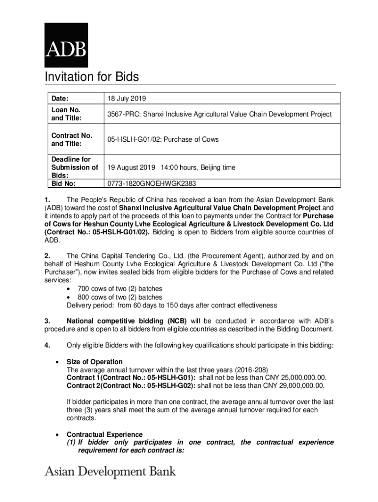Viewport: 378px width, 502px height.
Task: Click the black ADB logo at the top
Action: (x=66, y=45)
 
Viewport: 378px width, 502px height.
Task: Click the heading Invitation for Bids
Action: (x=92, y=77)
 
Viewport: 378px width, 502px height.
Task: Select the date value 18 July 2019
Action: (x=127, y=98)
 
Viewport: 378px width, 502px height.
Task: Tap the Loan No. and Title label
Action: (x=66, y=114)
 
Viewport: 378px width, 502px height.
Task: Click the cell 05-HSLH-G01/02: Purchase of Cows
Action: (x=163, y=140)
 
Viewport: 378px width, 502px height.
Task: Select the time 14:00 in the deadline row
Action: (x=167, y=168)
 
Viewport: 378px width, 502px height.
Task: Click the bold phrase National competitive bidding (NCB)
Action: (x=127, y=321)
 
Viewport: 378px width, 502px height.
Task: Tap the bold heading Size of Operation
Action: (x=95, y=362)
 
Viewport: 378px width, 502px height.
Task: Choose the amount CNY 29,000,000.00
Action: (x=293, y=385)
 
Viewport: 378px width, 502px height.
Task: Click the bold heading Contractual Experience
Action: (x=105, y=434)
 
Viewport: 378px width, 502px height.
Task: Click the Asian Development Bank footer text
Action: (x=110, y=472)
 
